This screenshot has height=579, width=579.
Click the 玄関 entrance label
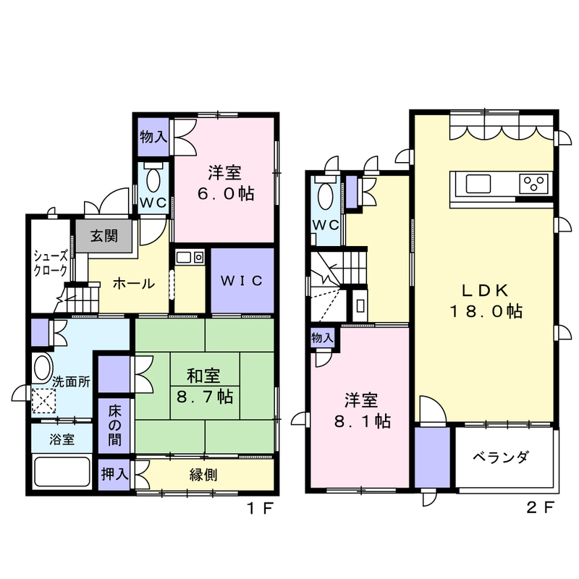tap(104, 236)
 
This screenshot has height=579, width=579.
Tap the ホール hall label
tap(134, 284)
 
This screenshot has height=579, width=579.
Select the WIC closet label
tap(242, 281)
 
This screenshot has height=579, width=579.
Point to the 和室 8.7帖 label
tap(204, 386)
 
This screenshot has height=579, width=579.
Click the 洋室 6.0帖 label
tap(226, 183)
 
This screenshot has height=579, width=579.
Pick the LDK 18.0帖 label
tap(486, 301)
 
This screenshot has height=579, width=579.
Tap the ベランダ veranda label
tap(501, 457)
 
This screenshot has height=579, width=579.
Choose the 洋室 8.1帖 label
tap(362, 410)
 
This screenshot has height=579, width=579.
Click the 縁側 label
tap(203, 475)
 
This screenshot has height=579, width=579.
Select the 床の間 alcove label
tap(114, 426)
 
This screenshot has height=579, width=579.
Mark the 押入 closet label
tap(114, 474)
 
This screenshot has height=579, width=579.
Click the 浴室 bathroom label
tap(62, 439)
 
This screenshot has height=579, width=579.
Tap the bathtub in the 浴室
tap(62, 472)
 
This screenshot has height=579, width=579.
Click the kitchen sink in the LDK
tap(478, 184)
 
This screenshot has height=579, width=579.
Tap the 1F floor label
tap(260, 509)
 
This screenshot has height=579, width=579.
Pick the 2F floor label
tap(541, 508)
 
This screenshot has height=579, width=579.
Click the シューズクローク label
tap(51, 263)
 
